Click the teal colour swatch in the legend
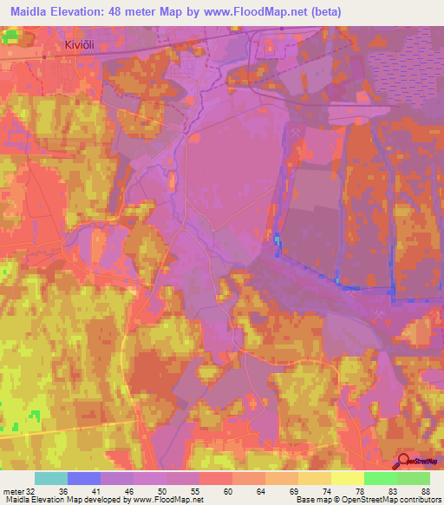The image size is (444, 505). pos(51,478)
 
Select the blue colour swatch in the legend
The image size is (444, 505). pos(84,478)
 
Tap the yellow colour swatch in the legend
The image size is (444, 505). pos(347,478)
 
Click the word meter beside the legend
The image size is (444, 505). pos(11,490)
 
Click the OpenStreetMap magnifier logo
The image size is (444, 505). pos(405,462)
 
